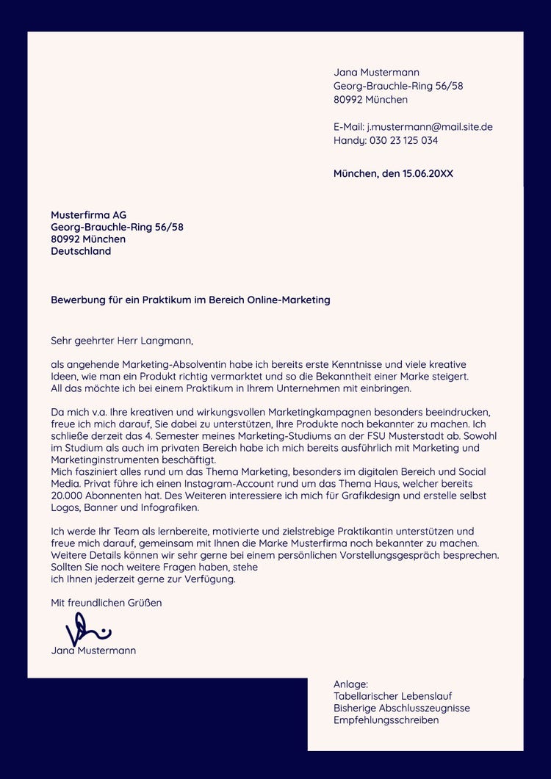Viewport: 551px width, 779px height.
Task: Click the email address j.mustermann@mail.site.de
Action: [430, 127]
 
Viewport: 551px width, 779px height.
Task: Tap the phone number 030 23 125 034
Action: [403, 140]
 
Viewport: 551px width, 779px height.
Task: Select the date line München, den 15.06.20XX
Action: [393, 174]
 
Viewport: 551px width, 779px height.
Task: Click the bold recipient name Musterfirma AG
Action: [89, 215]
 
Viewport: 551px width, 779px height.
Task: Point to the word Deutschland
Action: [81, 251]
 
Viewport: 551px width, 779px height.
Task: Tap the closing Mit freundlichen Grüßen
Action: [106, 603]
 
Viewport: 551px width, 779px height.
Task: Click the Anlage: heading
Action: [350, 684]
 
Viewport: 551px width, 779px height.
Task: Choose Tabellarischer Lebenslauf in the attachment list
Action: [392, 696]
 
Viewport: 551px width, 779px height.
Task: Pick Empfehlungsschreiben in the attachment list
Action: [386, 720]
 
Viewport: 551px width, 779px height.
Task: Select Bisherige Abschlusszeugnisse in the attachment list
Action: [401, 708]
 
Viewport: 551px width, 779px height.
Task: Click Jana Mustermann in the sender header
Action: [376, 73]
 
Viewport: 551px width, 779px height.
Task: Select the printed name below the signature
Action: [93, 651]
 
